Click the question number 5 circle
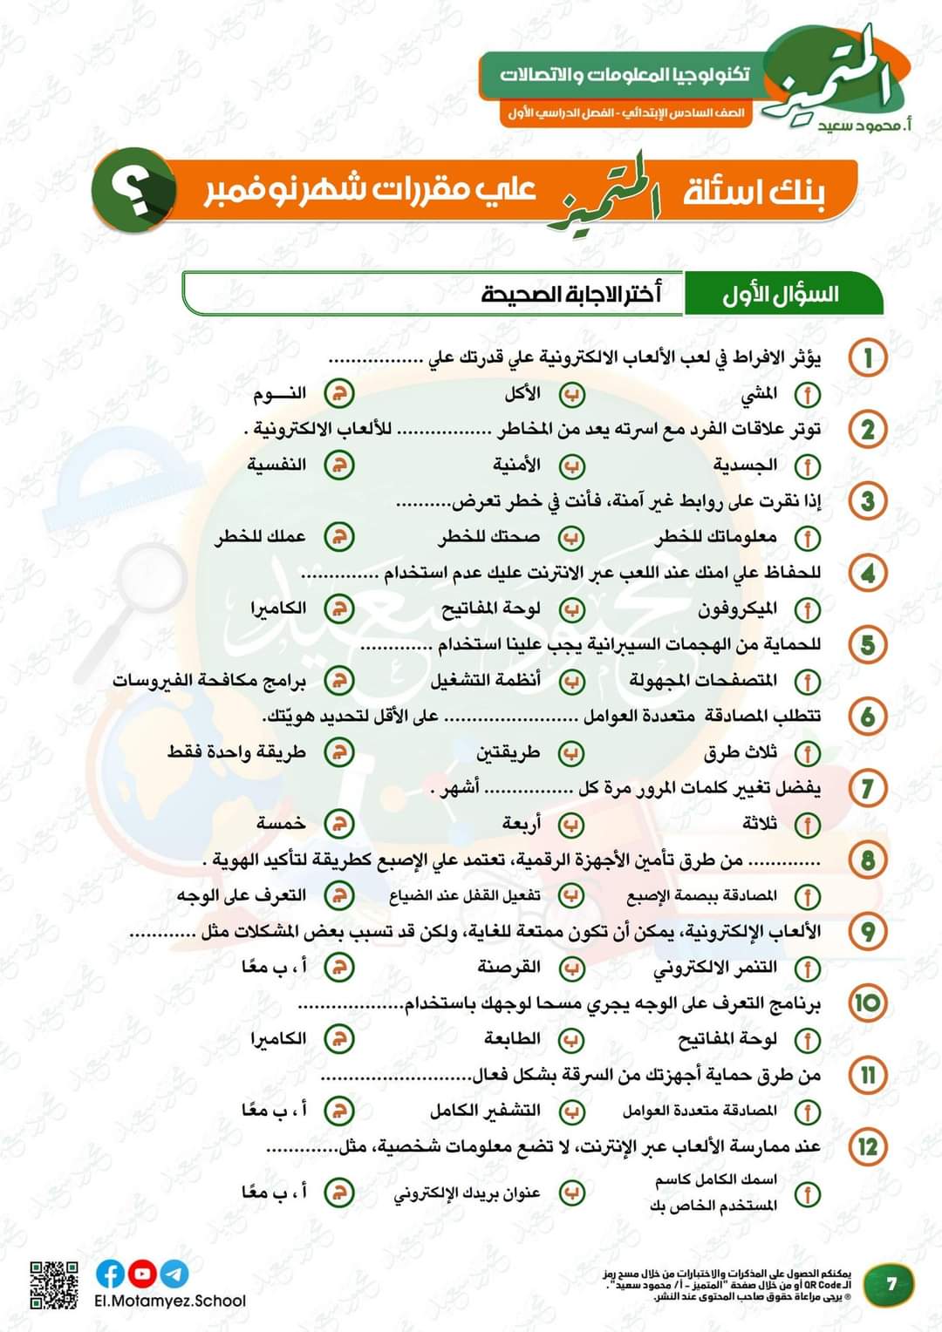[x=868, y=645]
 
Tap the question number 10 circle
[x=868, y=1002]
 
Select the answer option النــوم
[x=280, y=393]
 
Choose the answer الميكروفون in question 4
[x=737, y=608]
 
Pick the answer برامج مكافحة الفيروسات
[x=209, y=680]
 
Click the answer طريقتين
[x=508, y=751]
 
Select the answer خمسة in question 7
[x=281, y=823]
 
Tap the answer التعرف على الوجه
[x=242, y=895]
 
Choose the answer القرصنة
[x=509, y=967]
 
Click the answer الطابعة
[x=512, y=1038]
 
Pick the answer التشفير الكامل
[x=485, y=1111]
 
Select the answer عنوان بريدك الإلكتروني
[x=468, y=1193]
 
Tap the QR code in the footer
[x=54, y=1284]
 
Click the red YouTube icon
[x=142, y=1274]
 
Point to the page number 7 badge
[x=891, y=1284]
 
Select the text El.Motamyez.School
[x=170, y=1301]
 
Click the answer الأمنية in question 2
[x=516, y=465]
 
